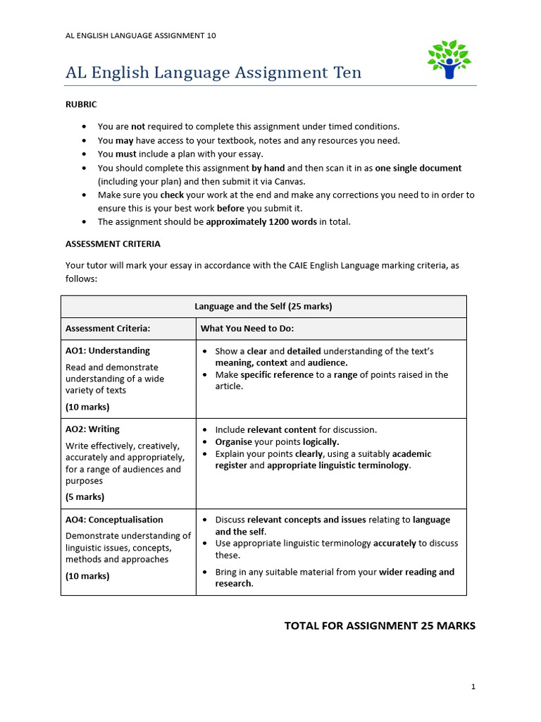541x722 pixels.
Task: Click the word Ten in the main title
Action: click(343, 73)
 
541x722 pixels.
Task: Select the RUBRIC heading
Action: click(81, 104)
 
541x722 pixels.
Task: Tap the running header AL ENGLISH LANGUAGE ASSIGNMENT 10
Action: click(141, 36)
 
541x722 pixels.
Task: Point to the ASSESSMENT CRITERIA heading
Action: click(113, 244)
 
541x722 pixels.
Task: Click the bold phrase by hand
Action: click(268, 168)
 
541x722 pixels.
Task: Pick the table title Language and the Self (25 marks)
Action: click(263, 307)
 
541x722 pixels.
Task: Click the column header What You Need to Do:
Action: click(247, 329)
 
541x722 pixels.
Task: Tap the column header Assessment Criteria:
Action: click(108, 329)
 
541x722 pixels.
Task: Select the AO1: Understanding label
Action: click(108, 350)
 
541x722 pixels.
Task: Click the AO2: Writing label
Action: click(92, 429)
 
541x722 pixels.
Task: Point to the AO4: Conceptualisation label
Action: click(114, 520)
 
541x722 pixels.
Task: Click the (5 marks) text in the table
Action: click(85, 496)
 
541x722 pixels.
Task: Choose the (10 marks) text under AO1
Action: click(87, 407)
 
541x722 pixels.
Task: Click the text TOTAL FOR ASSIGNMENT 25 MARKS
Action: click(380, 625)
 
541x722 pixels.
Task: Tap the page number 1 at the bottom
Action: click(473, 686)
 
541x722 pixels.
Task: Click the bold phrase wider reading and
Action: click(416, 572)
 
